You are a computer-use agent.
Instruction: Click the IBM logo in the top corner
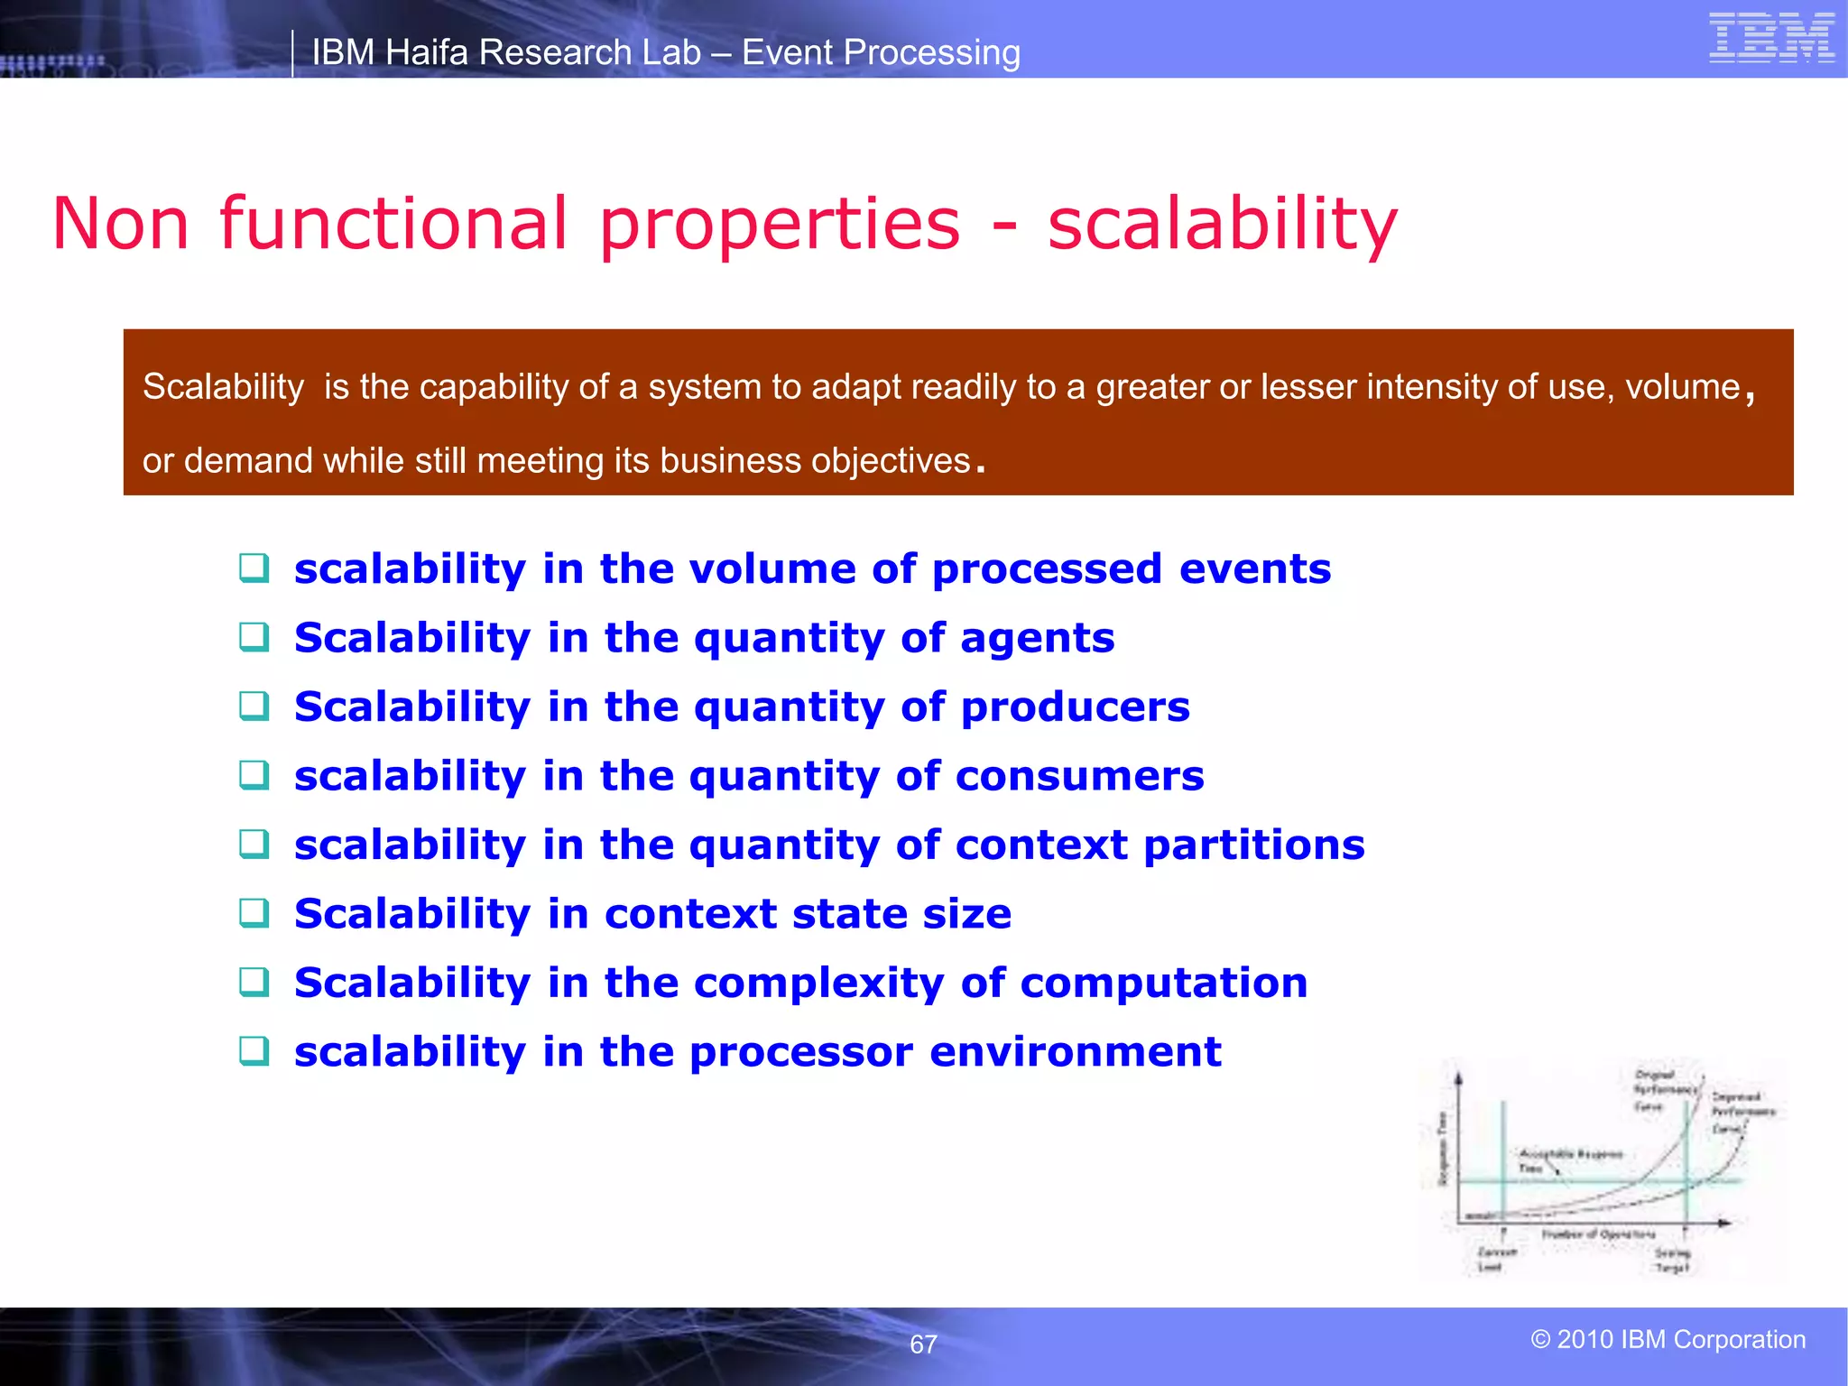1771,39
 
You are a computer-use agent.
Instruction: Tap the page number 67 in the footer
923,1344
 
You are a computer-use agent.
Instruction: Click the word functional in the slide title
393,223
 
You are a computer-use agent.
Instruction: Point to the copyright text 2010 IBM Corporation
1668,1339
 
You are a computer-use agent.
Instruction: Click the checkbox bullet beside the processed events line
254,568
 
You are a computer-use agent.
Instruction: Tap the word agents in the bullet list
1037,638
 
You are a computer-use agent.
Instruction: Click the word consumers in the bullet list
1079,776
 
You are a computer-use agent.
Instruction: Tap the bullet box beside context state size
254,913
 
